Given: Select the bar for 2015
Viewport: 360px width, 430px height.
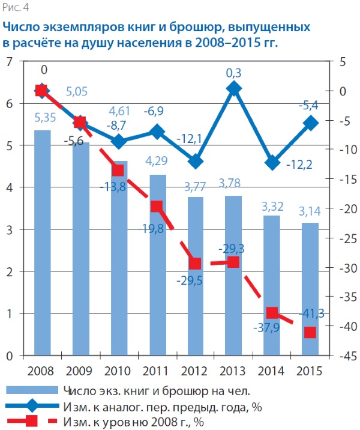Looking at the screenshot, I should click(309, 288).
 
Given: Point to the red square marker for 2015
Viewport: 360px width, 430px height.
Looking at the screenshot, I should click(310, 333).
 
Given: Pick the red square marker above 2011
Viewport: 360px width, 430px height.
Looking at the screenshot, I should click(157, 207).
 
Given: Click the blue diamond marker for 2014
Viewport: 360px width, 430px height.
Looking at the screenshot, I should click(272, 163).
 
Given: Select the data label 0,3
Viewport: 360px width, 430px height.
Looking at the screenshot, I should click(234, 73).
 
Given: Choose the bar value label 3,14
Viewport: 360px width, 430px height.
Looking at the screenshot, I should click(310, 212).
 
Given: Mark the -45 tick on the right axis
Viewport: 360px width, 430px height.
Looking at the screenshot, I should click(344, 355).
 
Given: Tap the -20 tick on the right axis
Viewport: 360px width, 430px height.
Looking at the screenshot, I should click(344, 208).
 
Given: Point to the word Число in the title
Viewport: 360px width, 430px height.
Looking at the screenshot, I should click(22, 28).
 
